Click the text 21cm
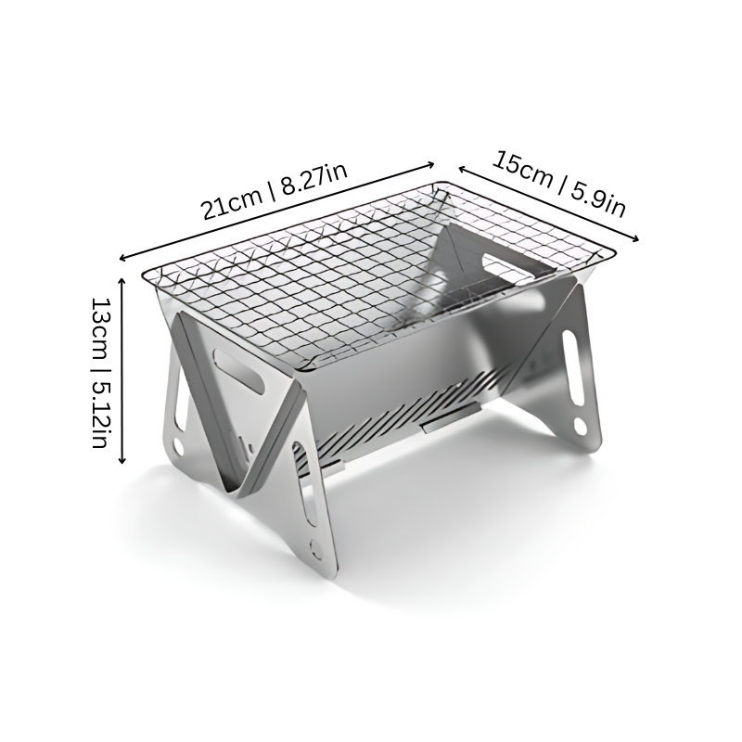(232, 204)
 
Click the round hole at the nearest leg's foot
(318, 547)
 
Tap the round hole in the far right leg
(580, 428)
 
